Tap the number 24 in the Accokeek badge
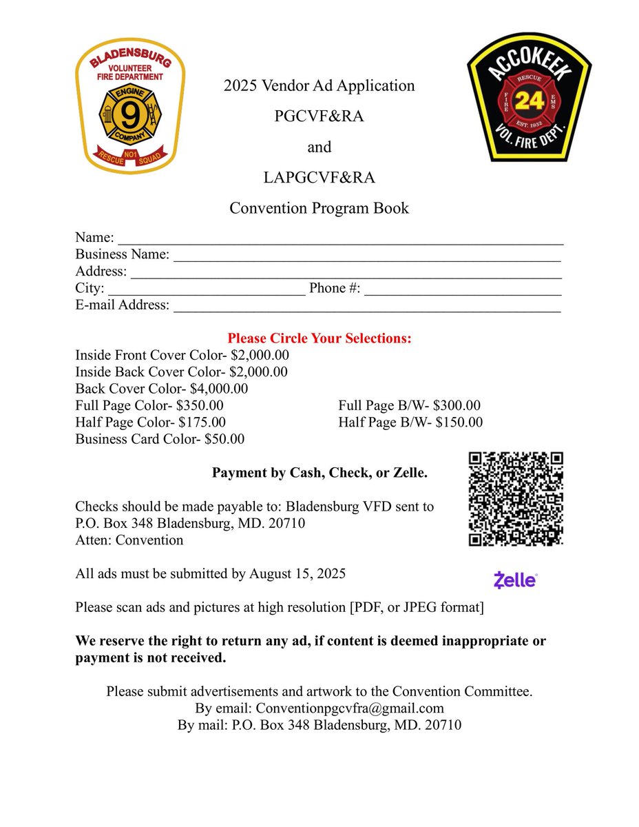[529, 101]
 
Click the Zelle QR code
[516, 499]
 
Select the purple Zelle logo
[516, 580]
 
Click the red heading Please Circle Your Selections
[319, 339]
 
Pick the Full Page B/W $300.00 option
[409, 406]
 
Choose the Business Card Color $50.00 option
[160, 439]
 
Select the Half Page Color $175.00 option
[150, 422]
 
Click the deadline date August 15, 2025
[297, 573]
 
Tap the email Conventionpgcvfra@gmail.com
[350, 708]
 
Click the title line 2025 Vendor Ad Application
[319, 86]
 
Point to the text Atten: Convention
[129, 540]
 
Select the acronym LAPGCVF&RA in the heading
[319, 178]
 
